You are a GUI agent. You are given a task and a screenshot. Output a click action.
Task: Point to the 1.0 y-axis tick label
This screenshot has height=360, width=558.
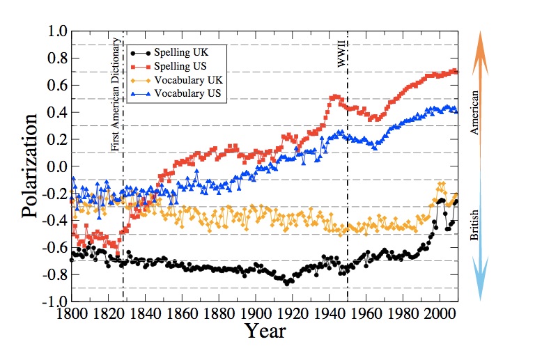pos(55,32)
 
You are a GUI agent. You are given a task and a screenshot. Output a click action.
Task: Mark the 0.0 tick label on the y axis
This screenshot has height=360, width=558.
pos(55,167)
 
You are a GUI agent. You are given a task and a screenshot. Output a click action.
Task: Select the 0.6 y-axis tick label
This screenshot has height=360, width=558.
pos(55,86)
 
